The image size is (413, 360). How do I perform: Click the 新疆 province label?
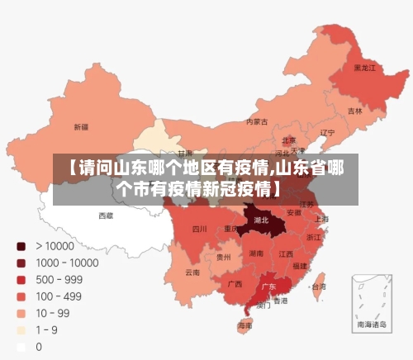(x=81, y=127)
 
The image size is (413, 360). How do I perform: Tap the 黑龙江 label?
(x=364, y=67)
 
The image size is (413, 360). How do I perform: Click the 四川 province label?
(x=200, y=229)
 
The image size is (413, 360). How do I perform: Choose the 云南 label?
(x=192, y=272)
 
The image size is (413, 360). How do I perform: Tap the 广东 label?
(x=268, y=287)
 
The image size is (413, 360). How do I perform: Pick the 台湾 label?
(x=318, y=287)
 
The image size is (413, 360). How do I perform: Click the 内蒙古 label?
(x=257, y=121)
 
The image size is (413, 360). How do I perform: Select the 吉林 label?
(x=354, y=111)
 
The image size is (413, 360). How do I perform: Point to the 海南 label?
(x=244, y=325)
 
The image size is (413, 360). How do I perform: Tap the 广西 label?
(x=235, y=284)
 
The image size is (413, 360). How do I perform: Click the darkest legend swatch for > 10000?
(x=21, y=246)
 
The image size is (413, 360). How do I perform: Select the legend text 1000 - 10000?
(x=67, y=263)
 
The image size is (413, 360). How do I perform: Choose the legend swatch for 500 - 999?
(x=21, y=280)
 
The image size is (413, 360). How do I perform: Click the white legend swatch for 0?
(x=21, y=347)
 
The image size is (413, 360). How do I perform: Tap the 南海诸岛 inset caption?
(x=369, y=326)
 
